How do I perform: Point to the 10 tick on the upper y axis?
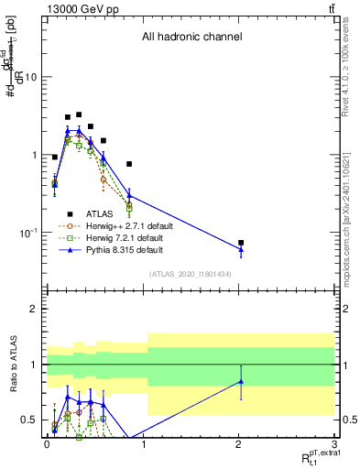click(x=30, y=77)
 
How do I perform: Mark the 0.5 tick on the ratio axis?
click(x=28, y=420)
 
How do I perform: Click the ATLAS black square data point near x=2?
click(x=241, y=243)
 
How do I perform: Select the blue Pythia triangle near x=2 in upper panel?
click(x=241, y=248)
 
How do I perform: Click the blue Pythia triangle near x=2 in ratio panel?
click(x=241, y=381)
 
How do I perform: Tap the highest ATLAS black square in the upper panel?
click(x=79, y=115)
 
